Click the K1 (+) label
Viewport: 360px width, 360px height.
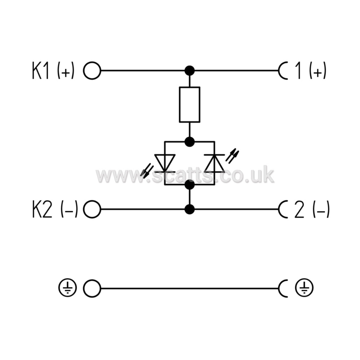point(53,70)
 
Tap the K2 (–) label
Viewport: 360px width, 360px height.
point(55,209)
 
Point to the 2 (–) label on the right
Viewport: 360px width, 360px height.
point(312,209)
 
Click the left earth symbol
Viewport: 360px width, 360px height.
point(67,288)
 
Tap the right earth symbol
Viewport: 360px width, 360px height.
point(304,288)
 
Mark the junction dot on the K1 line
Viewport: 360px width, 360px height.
point(190,70)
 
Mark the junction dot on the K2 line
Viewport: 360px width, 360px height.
point(190,209)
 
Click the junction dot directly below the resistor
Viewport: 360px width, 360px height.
point(190,142)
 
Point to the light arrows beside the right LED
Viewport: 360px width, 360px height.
point(232,156)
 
